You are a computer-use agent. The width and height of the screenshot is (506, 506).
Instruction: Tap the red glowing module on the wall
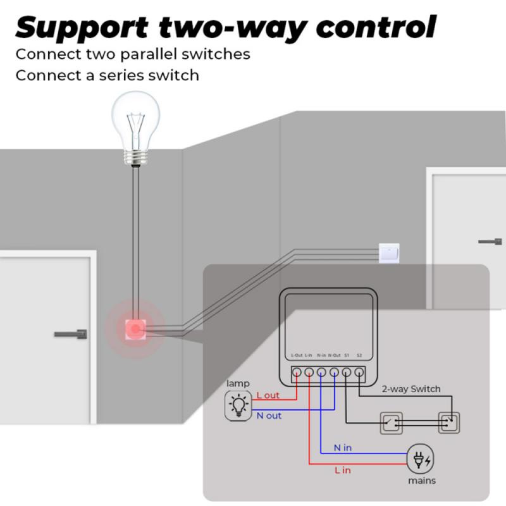[135, 328]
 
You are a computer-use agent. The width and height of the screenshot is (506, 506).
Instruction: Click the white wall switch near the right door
[388, 253]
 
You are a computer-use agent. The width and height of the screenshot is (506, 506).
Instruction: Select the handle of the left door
[70, 333]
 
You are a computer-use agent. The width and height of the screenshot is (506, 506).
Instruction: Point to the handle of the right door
[490, 241]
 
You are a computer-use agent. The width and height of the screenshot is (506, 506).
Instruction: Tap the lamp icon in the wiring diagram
[238, 405]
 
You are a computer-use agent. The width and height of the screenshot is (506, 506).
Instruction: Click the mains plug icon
[421, 459]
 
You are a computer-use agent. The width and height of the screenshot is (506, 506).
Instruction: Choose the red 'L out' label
[268, 395]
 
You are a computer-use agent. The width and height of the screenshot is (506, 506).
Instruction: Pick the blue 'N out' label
[269, 416]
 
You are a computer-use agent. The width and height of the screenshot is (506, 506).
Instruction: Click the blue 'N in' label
[342, 448]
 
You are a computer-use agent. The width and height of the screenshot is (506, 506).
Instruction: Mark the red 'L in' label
[342, 470]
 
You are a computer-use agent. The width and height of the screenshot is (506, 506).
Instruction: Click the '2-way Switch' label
[410, 389]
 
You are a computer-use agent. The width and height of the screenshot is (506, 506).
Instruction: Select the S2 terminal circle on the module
[359, 373]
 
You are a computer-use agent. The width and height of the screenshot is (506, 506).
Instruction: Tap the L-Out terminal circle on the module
[296, 373]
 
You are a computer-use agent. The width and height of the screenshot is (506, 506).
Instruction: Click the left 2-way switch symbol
[390, 423]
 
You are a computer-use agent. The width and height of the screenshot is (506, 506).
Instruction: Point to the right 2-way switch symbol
[448, 423]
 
